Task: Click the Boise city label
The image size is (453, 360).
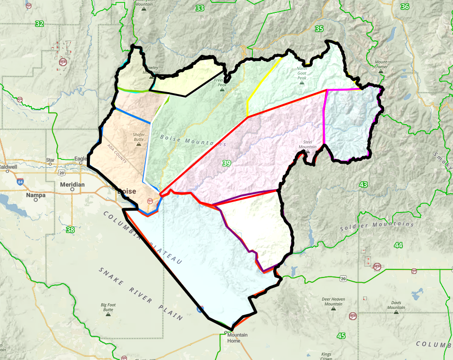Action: click(x=127, y=191)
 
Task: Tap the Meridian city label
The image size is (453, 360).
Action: click(x=73, y=184)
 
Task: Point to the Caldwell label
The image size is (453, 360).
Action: click(x=8, y=167)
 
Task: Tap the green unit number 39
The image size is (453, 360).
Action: click(x=226, y=163)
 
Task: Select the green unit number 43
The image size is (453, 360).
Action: click(x=364, y=184)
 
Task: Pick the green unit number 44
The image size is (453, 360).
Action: click(x=399, y=245)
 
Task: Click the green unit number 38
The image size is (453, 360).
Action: click(x=70, y=230)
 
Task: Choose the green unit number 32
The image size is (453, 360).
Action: click(x=39, y=23)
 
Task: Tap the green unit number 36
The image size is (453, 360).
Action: click(x=405, y=7)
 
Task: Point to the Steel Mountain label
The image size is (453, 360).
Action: click(x=307, y=144)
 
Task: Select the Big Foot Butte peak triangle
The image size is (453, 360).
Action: click(x=108, y=315)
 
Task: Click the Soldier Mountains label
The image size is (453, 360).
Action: click(x=377, y=224)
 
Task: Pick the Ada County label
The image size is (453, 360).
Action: click(x=118, y=154)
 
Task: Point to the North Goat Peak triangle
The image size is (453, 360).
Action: click(x=302, y=83)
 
